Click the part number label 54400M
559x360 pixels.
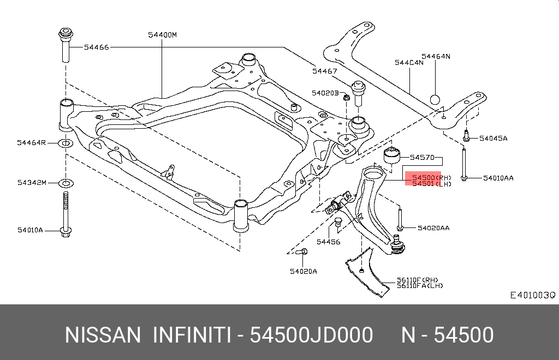click(163, 35)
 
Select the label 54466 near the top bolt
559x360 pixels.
click(97, 47)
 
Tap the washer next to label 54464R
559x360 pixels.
click(65, 143)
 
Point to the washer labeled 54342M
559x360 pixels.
click(65, 182)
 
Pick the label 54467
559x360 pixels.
click(325, 71)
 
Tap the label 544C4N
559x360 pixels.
click(409, 62)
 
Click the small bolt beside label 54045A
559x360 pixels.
click(466, 136)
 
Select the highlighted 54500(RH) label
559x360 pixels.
click(423, 177)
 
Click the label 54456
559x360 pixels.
click(328, 242)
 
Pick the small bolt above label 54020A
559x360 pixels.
click(304, 252)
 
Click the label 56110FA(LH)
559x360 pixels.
click(420, 286)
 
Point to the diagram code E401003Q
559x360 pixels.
click(532, 295)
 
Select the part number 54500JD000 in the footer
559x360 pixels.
click(311, 335)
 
